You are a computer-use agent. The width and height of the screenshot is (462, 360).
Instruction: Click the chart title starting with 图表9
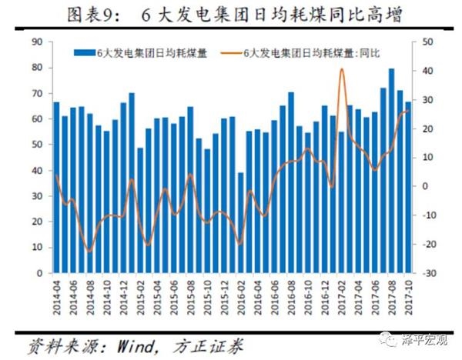click(231, 14)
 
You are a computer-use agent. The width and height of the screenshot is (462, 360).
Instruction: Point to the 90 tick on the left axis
click(36, 42)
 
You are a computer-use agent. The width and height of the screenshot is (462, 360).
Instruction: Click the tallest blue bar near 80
click(391, 169)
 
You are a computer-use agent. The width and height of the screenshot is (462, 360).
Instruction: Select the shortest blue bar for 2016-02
click(240, 223)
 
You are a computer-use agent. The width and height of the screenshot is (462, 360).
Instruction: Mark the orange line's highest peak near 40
click(341, 70)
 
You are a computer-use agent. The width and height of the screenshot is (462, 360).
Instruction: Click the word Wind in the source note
click(126, 342)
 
